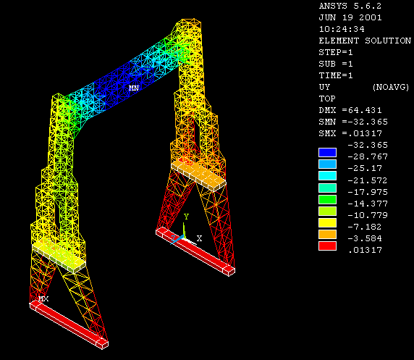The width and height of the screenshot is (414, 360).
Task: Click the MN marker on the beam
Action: (134, 88)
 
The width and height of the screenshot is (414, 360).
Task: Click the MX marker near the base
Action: (43, 298)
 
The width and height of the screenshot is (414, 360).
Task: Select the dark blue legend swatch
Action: (327, 153)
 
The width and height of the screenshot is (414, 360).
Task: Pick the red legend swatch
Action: (327, 246)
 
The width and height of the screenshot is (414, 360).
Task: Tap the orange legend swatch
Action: (327, 234)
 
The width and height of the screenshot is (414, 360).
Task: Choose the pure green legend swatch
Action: (327, 199)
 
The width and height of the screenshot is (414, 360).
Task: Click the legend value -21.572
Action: (368, 180)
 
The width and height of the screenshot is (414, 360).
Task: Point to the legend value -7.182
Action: (365, 227)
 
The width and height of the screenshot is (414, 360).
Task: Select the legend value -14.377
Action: (368, 204)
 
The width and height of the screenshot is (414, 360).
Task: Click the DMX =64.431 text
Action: (350, 110)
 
